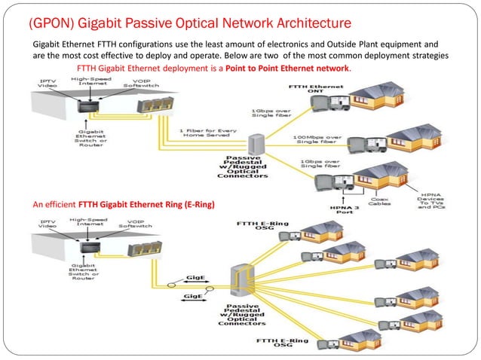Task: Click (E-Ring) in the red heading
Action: pyautogui.click(x=192, y=204)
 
